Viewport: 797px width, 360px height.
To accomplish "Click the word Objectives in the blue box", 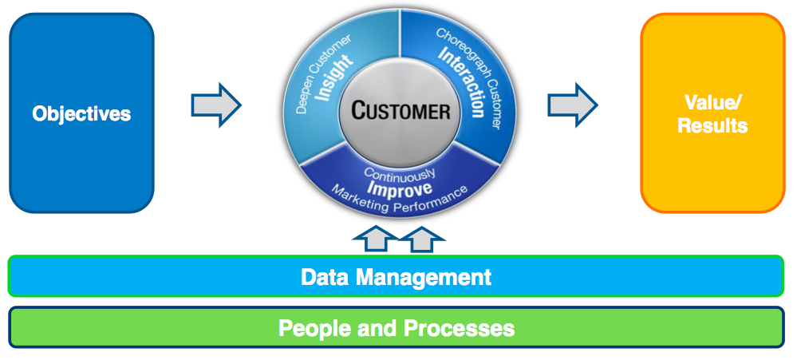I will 81,113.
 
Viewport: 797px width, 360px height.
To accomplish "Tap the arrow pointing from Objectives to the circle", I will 216,104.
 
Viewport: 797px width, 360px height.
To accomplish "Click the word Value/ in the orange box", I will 712,102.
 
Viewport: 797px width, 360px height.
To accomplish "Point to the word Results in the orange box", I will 712,125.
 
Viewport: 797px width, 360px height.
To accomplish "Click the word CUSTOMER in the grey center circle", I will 400,110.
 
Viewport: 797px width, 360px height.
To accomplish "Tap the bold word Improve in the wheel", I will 400,188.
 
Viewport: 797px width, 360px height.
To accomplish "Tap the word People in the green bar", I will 311,328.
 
